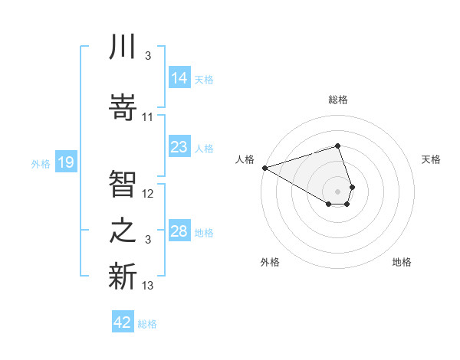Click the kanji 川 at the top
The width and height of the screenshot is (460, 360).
(x=123, y=47)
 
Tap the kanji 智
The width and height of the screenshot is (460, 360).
(x=123, y=184)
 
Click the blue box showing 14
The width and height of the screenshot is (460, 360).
(x=179, y=78)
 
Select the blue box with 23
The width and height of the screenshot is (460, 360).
(x=179, y=147)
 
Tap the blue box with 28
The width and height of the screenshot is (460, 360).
(x=179, y=231)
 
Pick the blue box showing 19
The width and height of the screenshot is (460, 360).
(x=65, y=162)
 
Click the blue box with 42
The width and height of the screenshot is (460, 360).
(x=123, y=322)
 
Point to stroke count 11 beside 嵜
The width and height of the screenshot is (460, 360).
(x=148, y=117)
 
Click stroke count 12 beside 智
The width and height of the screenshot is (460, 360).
(x=148, y=194)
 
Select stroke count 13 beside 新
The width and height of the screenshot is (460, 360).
(x=148, y=286)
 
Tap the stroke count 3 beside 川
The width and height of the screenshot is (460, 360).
(x=147, y=56)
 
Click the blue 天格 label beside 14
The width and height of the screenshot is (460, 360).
(x=204, y=79)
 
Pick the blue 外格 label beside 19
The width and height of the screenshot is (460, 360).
(x=41, y=163)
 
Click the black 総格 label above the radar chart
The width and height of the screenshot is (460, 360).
(x=338, y=100)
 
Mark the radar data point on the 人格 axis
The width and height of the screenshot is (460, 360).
(x=264, y=168)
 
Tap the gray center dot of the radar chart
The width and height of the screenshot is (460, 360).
(x=338, y=190)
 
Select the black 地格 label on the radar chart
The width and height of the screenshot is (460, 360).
(x=402, y=262)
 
